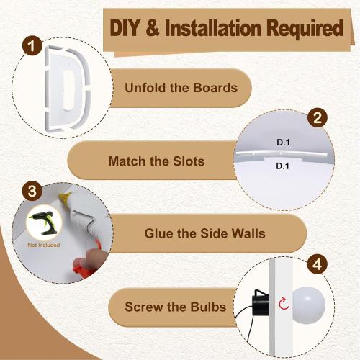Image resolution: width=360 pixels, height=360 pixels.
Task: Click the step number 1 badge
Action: click(32, 45)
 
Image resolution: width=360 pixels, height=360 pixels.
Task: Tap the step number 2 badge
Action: click(318, 117)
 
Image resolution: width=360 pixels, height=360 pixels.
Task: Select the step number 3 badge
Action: click(32, 192)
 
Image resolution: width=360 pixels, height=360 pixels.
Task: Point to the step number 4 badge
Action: click(318, 264)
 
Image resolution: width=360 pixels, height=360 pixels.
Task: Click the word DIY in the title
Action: click(125, 28)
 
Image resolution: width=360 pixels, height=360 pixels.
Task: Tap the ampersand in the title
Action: click(153, 28)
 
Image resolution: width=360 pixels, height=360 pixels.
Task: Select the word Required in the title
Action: click(305, 30)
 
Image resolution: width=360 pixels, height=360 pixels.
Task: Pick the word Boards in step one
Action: click(215, 87)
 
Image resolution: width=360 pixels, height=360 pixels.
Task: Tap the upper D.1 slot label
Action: click(283, 143)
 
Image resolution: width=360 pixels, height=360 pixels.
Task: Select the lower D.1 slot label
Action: click(283, 166)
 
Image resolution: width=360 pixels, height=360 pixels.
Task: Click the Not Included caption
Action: click(44, 245)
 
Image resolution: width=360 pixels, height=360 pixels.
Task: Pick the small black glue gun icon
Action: click(44, 222)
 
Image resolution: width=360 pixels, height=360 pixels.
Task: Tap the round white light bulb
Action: click(308, 306)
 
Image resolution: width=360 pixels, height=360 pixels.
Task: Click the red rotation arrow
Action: click(284, 303)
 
